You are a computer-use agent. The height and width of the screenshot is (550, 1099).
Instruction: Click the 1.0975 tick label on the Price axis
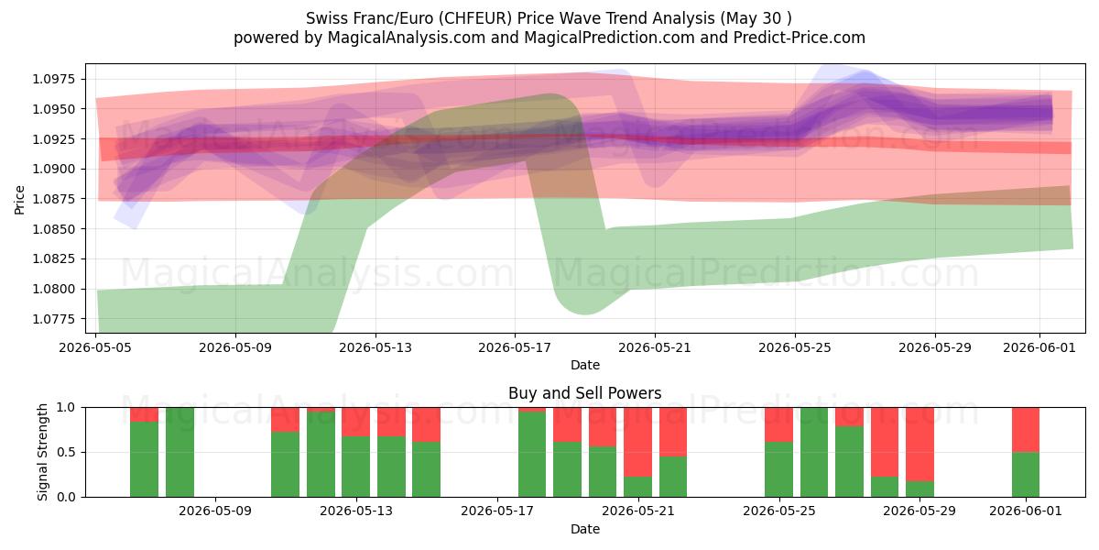(54, 79)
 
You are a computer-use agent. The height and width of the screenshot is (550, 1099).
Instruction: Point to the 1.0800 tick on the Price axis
(54, 289)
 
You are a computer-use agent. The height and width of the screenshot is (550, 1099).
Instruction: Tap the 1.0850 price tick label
(54, 229)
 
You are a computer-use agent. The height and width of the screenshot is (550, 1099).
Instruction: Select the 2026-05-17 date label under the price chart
(515, 347)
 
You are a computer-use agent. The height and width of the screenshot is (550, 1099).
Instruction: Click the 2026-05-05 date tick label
(95, 347)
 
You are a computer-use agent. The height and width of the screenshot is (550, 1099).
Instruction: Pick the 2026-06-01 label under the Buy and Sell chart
(1026, 511)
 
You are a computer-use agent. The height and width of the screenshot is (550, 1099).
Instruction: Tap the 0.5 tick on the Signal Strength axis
(66, 452)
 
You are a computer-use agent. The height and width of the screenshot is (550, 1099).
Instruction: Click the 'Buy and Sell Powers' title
(585, 393)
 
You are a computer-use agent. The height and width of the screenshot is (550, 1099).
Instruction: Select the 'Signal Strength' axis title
(43, 452)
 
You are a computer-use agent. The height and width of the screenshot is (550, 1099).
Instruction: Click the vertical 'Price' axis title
(19, 200)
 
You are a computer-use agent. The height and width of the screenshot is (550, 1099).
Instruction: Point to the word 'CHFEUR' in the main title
(475, 18)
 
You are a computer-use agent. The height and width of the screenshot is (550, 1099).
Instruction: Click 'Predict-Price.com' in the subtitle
(800, 38)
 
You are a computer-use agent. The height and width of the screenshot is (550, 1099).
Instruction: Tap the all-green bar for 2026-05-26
(814, 452)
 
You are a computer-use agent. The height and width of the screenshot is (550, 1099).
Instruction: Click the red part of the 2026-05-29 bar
(919, 444)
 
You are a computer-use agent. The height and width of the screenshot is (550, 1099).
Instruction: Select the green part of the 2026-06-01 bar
(1026, 475)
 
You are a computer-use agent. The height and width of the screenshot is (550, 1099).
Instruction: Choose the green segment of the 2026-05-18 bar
(532, 455)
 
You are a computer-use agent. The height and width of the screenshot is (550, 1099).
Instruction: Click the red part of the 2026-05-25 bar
(778, 424)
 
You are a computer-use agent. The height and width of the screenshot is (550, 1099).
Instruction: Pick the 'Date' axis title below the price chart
(585, 365)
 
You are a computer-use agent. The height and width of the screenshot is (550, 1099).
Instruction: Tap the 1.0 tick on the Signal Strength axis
(66, 407)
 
